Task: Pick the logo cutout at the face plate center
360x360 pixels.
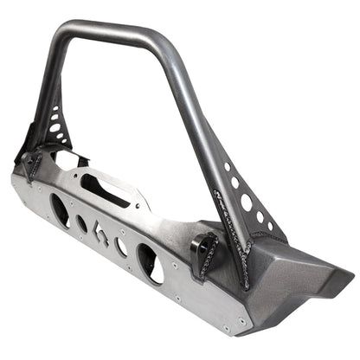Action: [101, 235]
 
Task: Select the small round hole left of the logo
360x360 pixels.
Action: [82, 223]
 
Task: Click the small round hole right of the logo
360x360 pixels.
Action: [122, 247]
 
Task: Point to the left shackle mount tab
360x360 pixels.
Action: [32, 164]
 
